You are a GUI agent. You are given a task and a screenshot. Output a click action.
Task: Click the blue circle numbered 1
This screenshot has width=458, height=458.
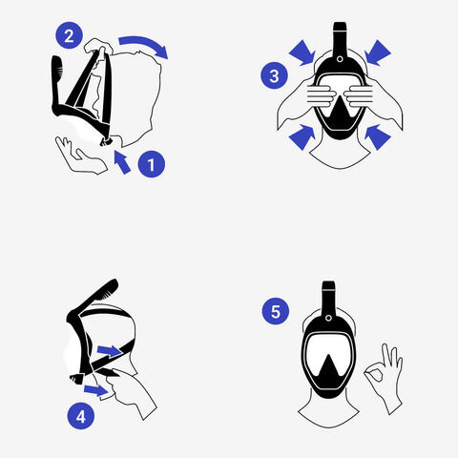pos(152,164)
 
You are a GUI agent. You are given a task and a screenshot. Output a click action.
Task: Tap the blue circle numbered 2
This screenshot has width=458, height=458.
pos(70,35)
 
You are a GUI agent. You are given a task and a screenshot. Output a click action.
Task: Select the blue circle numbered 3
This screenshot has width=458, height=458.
pos(275,75)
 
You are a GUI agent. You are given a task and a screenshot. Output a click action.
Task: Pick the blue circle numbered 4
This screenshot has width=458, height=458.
pos(81,416)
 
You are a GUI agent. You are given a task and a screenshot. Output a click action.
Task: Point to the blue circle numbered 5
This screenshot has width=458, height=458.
pos(276,311)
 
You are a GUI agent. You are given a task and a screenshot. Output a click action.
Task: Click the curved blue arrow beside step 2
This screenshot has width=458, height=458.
pos(145,43)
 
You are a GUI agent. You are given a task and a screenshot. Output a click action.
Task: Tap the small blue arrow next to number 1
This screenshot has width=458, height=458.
pos(122,162)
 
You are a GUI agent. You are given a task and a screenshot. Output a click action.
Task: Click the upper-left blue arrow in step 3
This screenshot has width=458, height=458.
pos(302,52)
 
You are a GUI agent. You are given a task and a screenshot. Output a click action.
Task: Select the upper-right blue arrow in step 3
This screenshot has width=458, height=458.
pos(378,52)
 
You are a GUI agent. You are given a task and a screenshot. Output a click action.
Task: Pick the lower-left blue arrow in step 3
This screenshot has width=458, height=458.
pos(302,136)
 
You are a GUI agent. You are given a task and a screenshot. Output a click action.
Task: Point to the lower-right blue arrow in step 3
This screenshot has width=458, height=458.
pos(378,136)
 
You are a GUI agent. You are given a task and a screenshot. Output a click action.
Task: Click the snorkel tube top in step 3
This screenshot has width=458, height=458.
pos(340,38)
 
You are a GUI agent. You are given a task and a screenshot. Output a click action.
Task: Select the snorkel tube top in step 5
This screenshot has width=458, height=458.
pos(328,298)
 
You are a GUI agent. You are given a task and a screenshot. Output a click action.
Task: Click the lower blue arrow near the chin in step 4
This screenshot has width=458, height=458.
pos(95,390)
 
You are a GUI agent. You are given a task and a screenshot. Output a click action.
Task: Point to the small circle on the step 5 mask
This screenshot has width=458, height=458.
pos(329,318)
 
